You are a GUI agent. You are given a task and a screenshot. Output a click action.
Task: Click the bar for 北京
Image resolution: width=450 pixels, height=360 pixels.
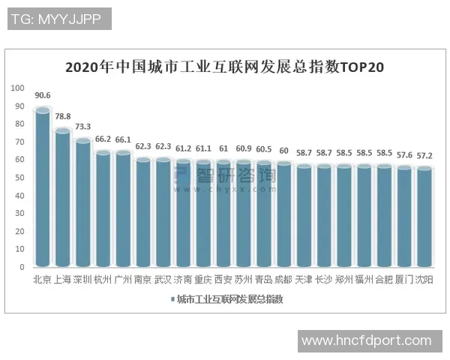(x=43, y=187)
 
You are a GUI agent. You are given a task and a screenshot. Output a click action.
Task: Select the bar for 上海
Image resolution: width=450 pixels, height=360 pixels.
(x=63, y=198)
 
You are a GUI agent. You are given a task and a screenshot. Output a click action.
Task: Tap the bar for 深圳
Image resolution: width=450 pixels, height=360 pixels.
(x=83, y=202)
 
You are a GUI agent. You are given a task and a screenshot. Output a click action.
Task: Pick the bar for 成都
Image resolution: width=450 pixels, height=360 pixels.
(x=283, y=214)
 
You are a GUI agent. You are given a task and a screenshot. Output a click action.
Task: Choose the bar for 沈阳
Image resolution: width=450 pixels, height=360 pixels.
(x=424, y=217)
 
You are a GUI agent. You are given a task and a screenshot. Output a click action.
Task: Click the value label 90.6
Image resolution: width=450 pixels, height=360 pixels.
(x=43, y=96)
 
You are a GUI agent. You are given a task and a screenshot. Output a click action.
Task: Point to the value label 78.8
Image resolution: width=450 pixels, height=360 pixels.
(x=63, y=115)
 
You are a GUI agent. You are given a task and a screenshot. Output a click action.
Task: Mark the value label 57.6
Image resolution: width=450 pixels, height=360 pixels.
(x=404, y=152)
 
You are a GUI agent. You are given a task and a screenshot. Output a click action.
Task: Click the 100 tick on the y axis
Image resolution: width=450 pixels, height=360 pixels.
(x=17, y=88)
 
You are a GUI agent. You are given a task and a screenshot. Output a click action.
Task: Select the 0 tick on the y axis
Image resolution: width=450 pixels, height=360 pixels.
(x=22, y=266)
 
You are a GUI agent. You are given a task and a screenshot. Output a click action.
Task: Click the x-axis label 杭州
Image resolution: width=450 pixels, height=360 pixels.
(x=103, y=280)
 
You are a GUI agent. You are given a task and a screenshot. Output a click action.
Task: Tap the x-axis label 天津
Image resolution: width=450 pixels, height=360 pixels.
(x=303, y=280)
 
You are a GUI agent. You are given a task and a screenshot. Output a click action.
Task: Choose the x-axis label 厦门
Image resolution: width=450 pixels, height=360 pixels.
(x=404, y=280)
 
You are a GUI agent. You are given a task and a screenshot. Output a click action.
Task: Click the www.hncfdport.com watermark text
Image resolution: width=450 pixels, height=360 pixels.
(x=366, y=340)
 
